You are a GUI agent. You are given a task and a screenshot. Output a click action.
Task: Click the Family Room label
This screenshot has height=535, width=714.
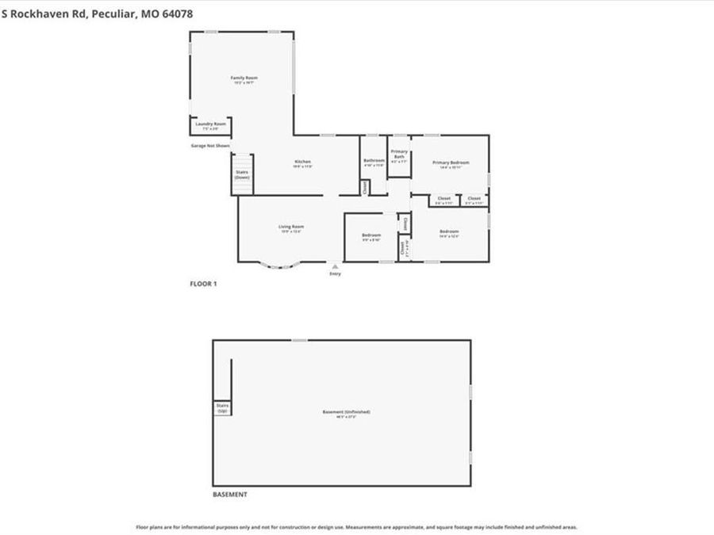pyautogui.click(x=244, y=78)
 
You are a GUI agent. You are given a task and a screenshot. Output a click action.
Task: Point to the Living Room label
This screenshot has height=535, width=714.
pyautogui.click(x=291, y=227)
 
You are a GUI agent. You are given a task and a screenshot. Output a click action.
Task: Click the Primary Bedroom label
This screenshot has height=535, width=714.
pyautogui.click(x=451, y=162)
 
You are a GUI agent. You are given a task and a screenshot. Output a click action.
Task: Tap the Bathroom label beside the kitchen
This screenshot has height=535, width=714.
pyautogui.click(x=374, y=161)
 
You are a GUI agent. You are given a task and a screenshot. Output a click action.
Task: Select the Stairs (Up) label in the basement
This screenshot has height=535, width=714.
pyautogui.click(x=222, y=407)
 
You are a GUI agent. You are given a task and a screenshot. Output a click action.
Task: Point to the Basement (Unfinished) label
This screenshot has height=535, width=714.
pyautogui.click(x=346, y=412)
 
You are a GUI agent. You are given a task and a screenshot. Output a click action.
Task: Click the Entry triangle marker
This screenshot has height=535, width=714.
pyautogui.click(x=336, y=266)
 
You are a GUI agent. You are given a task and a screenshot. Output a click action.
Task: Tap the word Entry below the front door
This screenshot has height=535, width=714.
pyautogui.click(x=336, y=274)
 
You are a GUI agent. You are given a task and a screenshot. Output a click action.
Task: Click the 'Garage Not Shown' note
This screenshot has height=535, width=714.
pyautogui.click(x=210, y=146)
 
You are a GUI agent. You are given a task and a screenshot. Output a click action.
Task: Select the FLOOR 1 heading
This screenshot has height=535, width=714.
pyautogui.click(x=202, y=283)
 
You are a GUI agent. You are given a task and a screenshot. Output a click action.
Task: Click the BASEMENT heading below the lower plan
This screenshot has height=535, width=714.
pyautogui.click(x=230, y=495)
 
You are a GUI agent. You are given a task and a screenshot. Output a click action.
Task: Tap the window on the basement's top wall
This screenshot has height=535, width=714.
pyautogui.click(x=299, y=340)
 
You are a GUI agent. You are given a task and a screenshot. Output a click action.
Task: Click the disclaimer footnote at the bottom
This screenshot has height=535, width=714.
pyautogui.click(x=356, y=527)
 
